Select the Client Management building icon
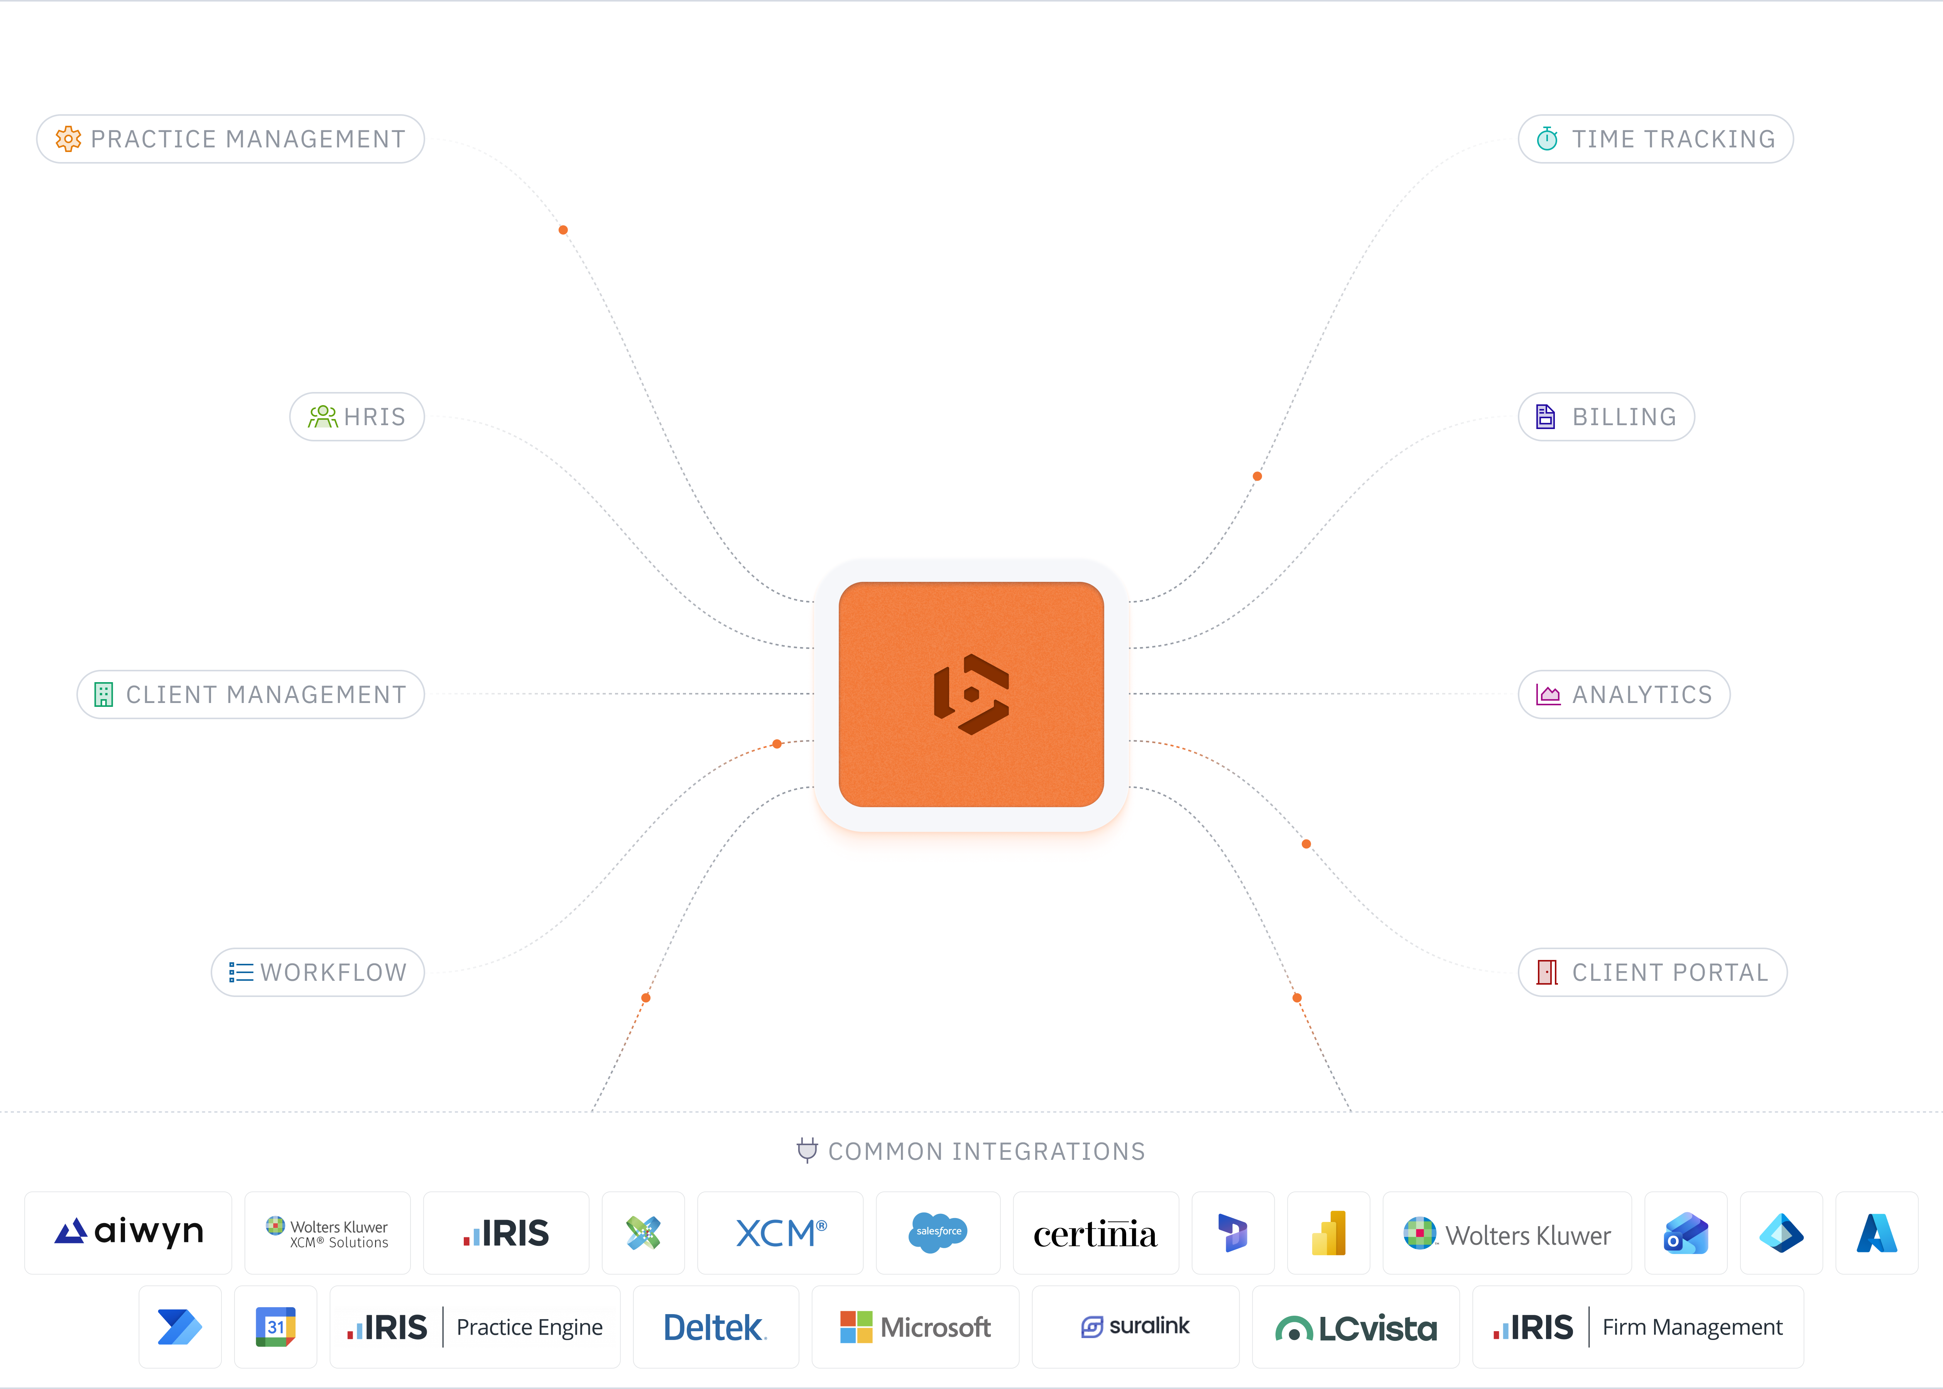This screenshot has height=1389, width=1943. tap(103, 694)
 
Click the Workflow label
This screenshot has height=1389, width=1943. tap(333, 972)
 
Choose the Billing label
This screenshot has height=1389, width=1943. tap(1624, 417)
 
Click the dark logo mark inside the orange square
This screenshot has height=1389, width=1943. tap(971, 694)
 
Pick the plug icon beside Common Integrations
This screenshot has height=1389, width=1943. tap(806, 1151)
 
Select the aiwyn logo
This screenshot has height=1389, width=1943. tap(128, 1232)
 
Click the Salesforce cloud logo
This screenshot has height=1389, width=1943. tap(938, 1232)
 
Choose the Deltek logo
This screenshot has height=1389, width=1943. tap(715, 1327)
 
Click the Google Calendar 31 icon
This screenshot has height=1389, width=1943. tap(275, 1327)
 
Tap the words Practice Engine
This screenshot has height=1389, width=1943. tap(529, 1327)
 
